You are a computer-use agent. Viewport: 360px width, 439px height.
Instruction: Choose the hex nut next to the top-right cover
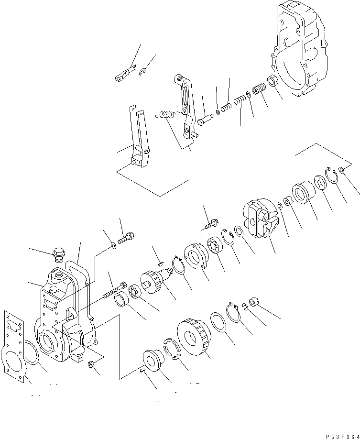pos(273,81)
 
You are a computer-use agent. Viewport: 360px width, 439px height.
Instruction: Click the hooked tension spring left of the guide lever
pos(165,115)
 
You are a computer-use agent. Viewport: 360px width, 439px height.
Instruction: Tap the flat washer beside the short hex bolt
pos(113,246)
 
